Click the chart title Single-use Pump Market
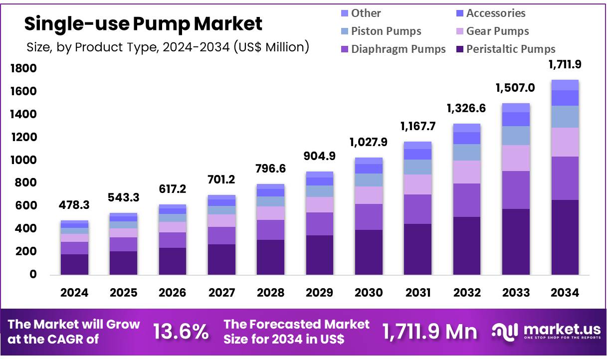(143, 23)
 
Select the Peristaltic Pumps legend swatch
(459, 49)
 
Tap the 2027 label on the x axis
(221, 293)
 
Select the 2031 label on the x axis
(417, 293)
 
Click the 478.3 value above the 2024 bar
(74, 205)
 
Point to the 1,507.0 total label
(516, 88)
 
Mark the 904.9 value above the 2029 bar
(319, 156)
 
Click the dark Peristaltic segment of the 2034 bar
(565, 237)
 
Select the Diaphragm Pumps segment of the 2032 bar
(466, 200)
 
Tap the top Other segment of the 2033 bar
(516, 108)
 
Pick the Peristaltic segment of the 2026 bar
(172, 261)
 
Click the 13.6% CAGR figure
(181, 332)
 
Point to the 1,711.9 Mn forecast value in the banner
(429, 332)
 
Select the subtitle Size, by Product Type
(168, 47)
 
